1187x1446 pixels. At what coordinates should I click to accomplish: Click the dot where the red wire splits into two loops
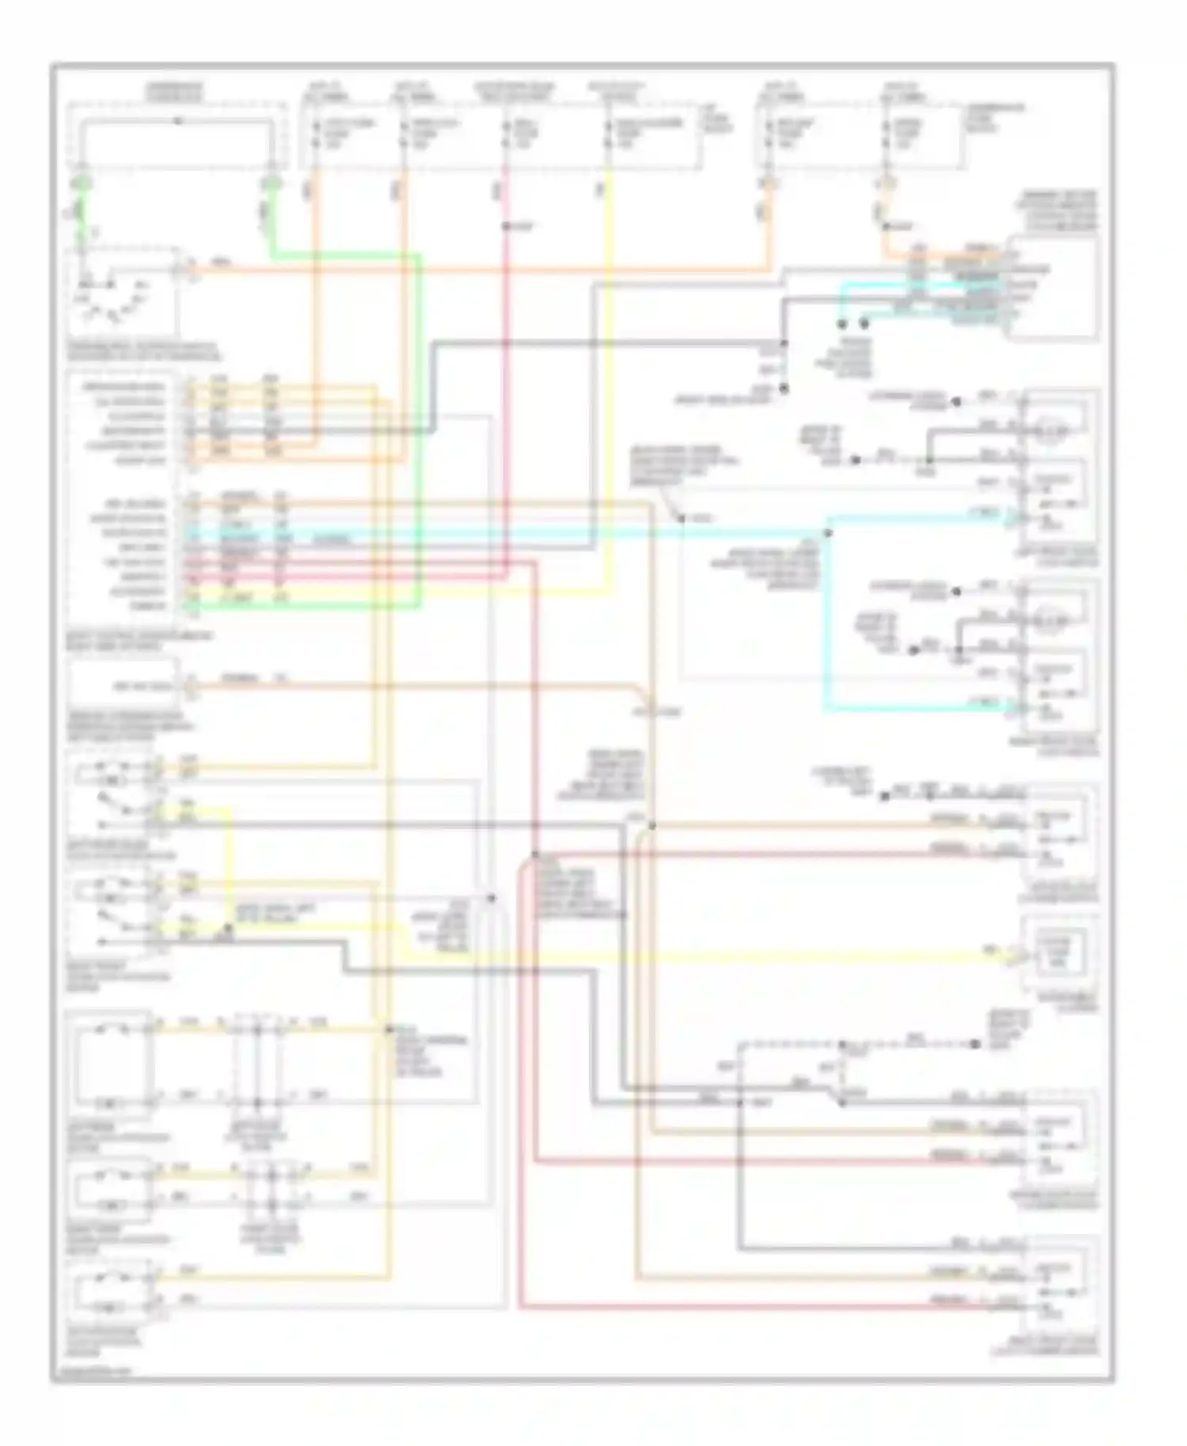pos(536,854)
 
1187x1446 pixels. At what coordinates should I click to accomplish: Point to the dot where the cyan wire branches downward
pos(828,533)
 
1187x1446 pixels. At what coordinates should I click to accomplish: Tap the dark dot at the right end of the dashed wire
pos(975,1044)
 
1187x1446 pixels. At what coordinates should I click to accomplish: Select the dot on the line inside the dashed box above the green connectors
pos(179,120)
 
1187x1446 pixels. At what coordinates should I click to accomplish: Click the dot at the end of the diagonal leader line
pos(681,519)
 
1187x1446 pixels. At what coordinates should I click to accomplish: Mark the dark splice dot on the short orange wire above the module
pos(886,227)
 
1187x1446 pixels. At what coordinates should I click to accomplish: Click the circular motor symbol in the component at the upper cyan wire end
pos(1053,432)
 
